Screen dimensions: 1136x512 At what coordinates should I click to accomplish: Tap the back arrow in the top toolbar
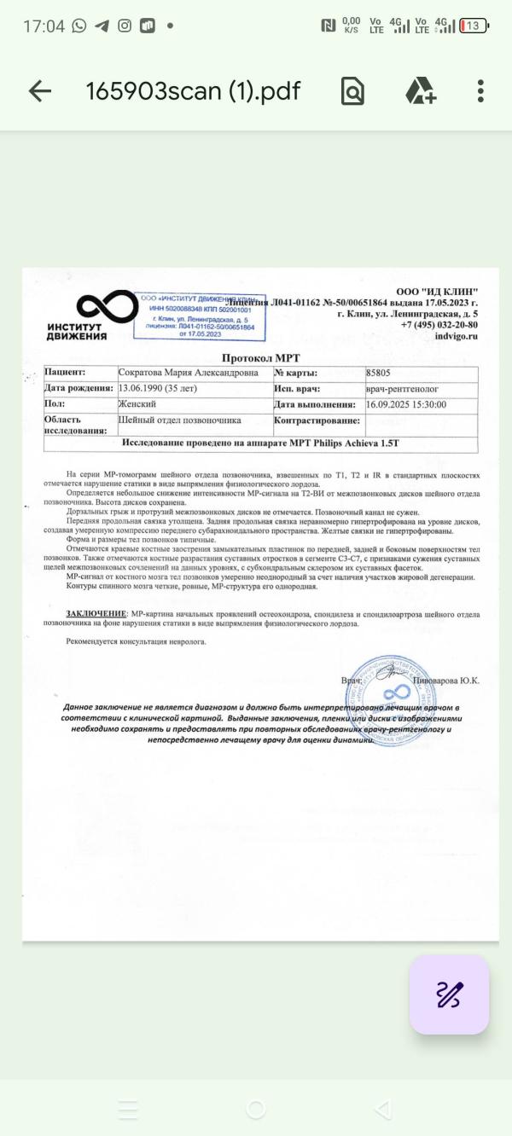[40, 91]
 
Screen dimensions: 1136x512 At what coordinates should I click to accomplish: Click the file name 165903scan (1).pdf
[193, 91]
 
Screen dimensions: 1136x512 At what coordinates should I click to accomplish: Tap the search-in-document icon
[352, 91]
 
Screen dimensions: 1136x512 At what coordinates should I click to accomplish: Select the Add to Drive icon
[420, 91]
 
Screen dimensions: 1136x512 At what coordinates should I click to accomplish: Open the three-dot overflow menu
[481, 91]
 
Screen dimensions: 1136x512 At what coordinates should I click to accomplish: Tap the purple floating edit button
[449, 994]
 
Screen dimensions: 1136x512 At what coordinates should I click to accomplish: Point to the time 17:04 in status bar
[44, 26]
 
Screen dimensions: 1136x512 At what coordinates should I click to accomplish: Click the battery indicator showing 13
[473, 26]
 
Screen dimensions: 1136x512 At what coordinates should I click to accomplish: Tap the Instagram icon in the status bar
[125, 26]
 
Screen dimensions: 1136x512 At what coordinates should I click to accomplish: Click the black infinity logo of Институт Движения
[107, 306]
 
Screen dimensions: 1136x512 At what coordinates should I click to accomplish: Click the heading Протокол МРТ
[260, 358]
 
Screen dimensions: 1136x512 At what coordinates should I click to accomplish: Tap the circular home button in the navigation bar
[255, 1109]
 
